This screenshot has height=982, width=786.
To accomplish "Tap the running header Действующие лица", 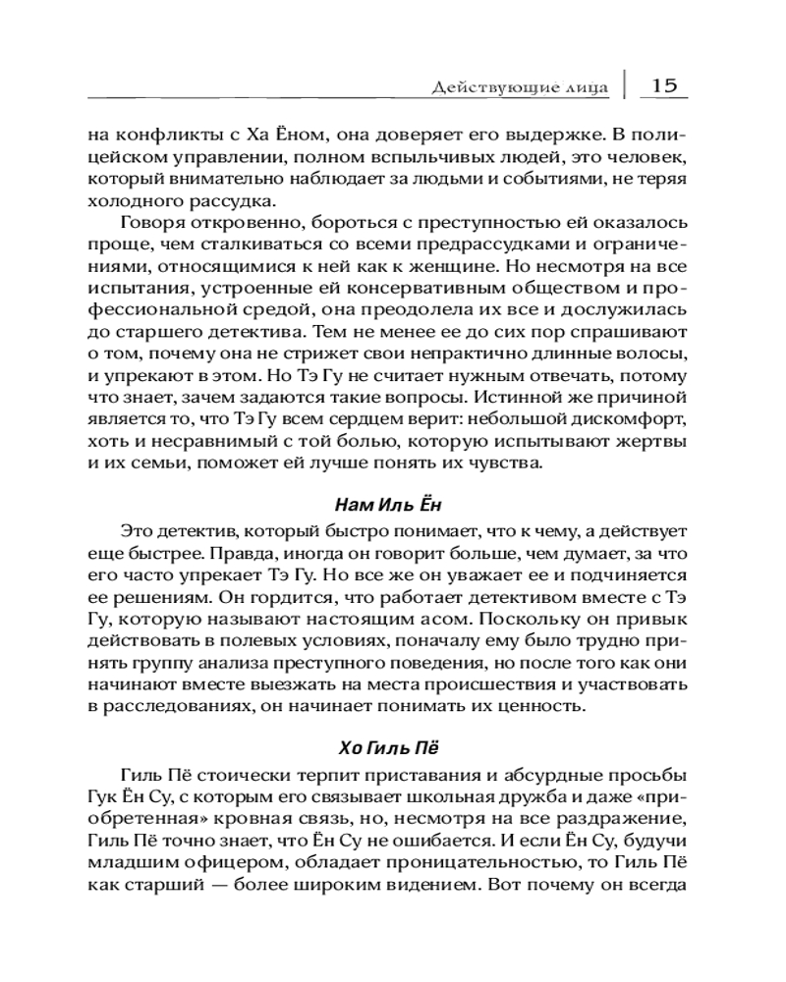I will click(x=521, y=88).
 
